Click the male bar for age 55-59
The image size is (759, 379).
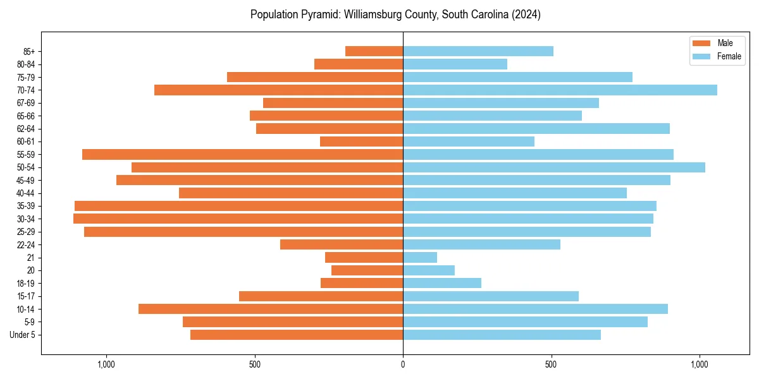point(242,154)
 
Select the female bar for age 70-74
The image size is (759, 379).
point(560,90)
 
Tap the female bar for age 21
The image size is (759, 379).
point(420,257)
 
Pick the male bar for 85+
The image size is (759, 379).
point(374,51)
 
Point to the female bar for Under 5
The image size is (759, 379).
point(502,335)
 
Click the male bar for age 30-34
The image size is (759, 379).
point(238,219)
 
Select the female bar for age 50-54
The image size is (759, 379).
point(554,167)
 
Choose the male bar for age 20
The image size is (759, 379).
point(367,270)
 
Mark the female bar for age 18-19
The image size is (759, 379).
point(442,283)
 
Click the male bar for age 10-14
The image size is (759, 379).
point(271,309)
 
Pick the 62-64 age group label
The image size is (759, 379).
point(26,129)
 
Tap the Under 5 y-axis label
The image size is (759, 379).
point(23,335)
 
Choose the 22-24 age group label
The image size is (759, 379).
point(26,244)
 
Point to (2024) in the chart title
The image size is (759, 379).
point(527,14)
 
